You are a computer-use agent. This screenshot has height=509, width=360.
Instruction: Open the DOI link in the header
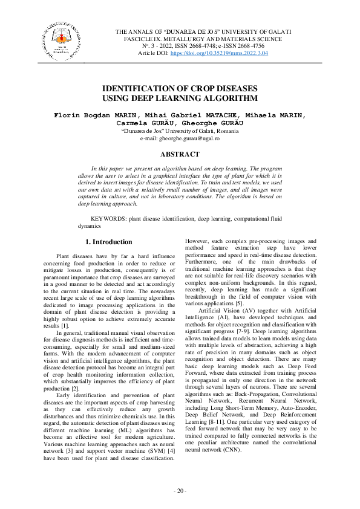point(220,53)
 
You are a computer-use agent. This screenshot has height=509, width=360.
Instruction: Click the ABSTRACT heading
point(179,154)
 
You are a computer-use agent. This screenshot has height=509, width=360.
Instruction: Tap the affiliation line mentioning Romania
point(179,131)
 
